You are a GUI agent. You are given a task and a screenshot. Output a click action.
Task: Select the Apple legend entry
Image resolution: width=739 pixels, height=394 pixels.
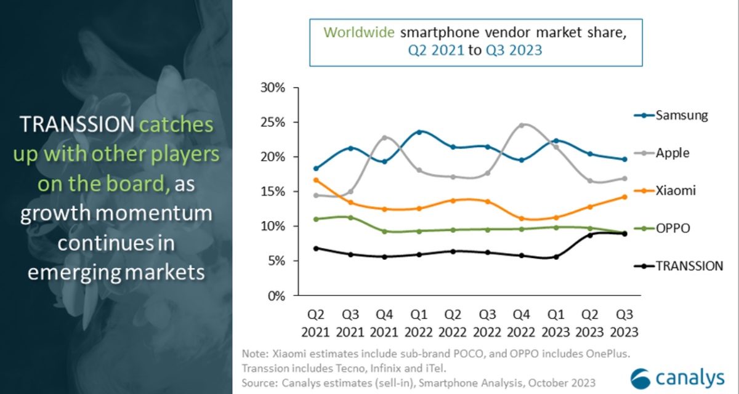click(x=672, y=153)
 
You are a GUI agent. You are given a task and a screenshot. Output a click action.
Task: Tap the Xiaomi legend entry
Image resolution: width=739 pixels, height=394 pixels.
click(x=675, y=191)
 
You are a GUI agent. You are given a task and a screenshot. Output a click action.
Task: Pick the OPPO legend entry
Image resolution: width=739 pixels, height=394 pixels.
click(x=672, y=228)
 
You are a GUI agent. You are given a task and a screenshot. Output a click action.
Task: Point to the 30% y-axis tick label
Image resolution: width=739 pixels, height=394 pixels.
click(x=271, y=88)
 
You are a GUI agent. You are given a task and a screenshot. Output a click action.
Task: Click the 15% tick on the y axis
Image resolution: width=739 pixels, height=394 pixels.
click(x=271, y=192)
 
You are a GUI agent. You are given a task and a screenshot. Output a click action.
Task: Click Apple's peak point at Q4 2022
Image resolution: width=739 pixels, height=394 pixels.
click(x=522, y=125)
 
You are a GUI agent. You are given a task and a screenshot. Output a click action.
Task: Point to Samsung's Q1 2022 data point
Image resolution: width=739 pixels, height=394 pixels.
click(x=419, y=132)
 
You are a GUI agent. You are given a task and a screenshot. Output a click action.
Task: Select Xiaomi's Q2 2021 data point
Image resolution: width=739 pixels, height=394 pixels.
click(x=317, y=180)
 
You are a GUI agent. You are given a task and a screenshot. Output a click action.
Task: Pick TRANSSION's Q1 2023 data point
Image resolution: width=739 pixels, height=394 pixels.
click(x=556, y=257)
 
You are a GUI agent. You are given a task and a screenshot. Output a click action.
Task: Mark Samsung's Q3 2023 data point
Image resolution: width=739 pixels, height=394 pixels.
click(x=624, y=159)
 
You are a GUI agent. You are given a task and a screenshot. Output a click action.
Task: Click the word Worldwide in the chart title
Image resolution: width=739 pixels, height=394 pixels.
click(x=358, y=33)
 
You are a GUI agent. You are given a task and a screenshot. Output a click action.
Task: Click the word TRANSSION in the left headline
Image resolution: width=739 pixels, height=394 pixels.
click(x=76, y=125)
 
